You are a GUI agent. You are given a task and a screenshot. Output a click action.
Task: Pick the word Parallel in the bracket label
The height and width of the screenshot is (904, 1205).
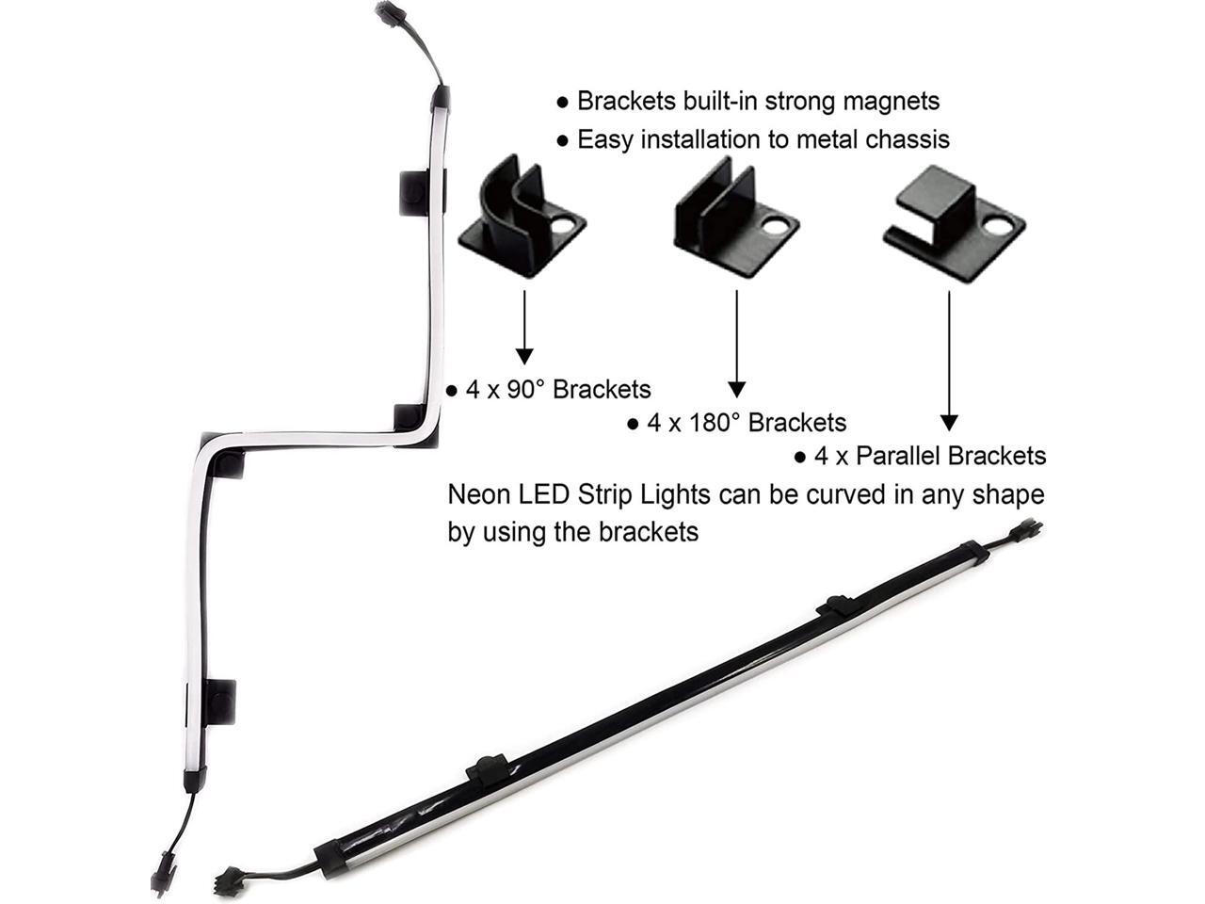pyautogui.click(x=896, y=457)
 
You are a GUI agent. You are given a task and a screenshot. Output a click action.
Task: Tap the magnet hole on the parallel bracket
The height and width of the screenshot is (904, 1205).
pyautogui.click(x=1000, y=227)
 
